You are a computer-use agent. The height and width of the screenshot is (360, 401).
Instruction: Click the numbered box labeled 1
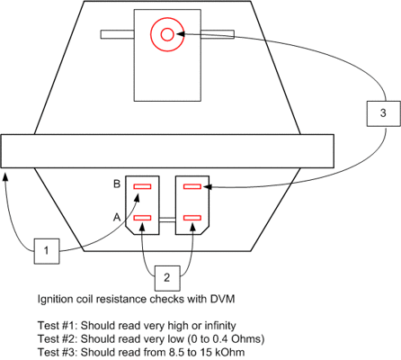click(47, 251)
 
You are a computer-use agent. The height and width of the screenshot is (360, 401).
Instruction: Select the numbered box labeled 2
click(167, 278)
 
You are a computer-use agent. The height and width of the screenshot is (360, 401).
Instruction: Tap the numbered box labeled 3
click(384, 113)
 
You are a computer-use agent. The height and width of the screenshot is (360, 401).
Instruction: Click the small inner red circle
click(167, 34)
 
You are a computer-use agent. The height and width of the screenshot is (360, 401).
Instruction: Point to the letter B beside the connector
click(117, 184)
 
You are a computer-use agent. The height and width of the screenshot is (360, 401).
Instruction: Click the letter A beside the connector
click(117, 217)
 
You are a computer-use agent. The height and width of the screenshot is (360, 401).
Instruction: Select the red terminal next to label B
click(142, 186)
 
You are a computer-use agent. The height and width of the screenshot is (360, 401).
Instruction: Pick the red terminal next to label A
click(142, 218)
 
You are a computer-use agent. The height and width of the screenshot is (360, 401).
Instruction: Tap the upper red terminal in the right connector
click(192, 186)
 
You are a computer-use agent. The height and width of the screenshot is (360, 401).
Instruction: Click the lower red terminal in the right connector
click(192, 218)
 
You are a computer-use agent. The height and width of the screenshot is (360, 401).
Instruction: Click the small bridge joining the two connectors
click(167, 220)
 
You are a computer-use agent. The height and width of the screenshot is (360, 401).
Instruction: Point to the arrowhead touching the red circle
click(181, 33)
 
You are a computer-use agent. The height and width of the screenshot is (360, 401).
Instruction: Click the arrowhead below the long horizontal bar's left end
click(4, 176)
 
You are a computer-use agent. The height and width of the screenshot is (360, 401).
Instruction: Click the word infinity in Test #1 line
click(220, 326)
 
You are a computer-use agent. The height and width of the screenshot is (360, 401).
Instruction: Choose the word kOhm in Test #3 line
click(231, 352)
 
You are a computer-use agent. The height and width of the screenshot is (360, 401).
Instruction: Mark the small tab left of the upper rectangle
click(117, 34)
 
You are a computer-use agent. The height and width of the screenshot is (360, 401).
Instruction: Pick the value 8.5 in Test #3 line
click(177, 352)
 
